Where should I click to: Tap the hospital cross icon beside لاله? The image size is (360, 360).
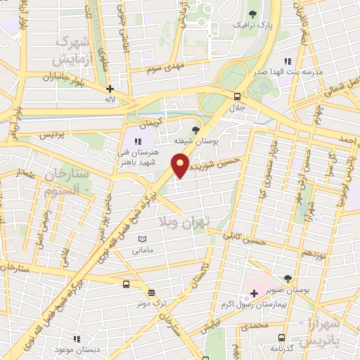point(110,89)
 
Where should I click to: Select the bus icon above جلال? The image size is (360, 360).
point(237,96)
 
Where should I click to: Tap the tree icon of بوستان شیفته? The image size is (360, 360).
point(195,129)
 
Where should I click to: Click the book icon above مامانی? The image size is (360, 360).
point(143,239)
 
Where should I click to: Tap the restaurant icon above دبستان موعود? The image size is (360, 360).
point(76,338)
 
